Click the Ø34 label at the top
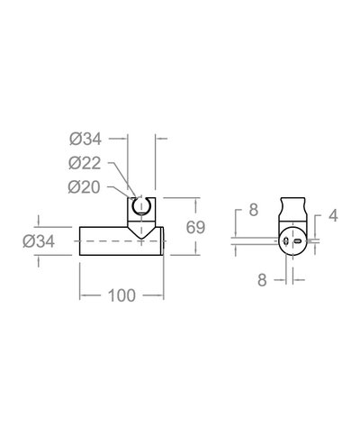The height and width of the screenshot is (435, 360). click(x=86, y=140)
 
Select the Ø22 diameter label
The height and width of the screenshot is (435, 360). click(x=86, y=163)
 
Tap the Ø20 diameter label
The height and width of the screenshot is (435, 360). click(x=86, y=186)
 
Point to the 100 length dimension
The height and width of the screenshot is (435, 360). click(x=121, y=295)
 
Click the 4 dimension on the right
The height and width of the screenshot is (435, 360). click(x=332, y=216)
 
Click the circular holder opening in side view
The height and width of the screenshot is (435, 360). click(x=140, y=209)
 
